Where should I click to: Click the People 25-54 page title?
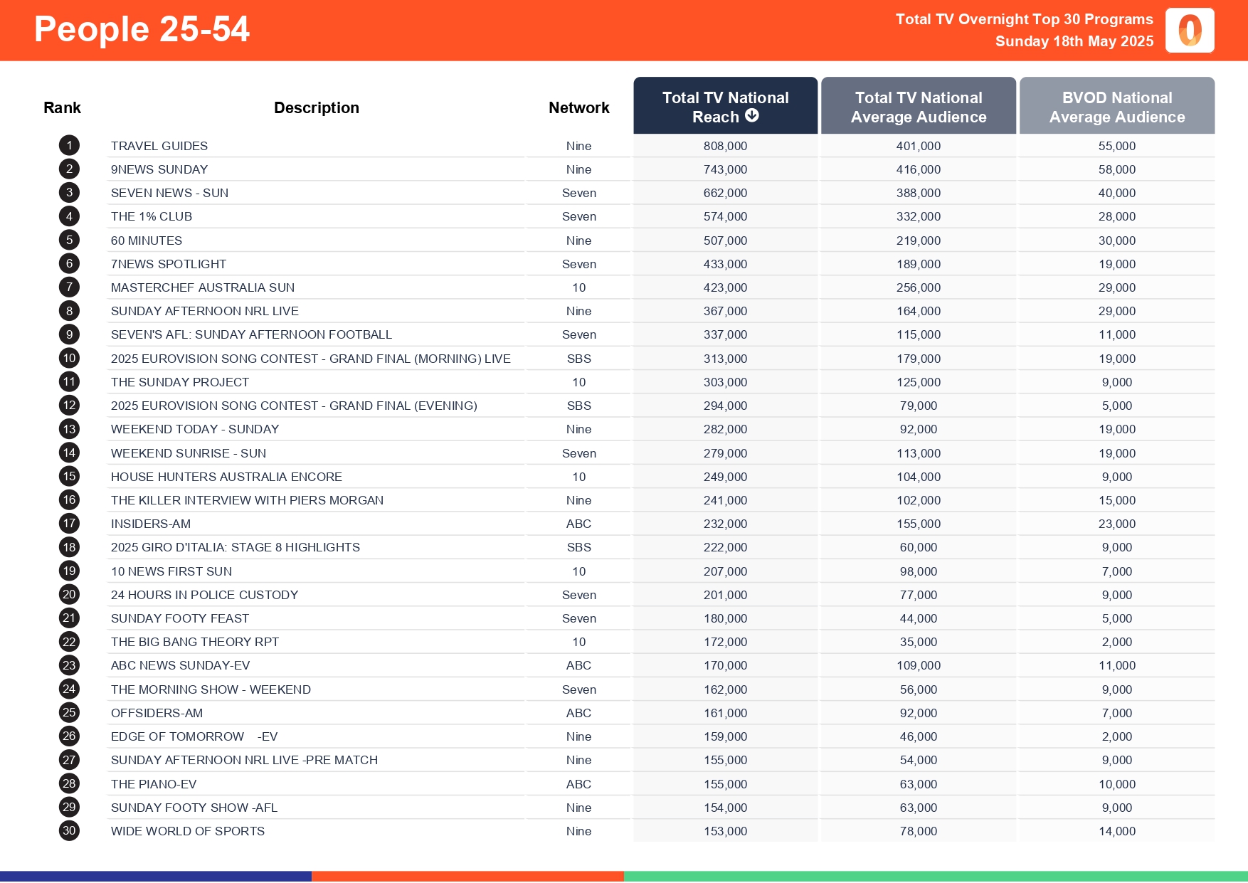[142, 30]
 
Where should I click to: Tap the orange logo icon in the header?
[1189, 31]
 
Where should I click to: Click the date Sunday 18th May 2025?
[1074, 41]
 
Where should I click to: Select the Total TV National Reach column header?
[725, 106]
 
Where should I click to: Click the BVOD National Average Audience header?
[1116, 107]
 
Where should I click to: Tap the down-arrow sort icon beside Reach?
[752, 116]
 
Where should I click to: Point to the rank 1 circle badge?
[69, 146]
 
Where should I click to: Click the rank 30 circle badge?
[69, 831]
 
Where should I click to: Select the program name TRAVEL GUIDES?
[159, 146]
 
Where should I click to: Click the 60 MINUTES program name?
[147, 240]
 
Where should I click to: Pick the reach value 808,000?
[725, 146]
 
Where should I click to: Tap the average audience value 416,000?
[918, 169]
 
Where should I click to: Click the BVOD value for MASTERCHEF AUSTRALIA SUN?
[1116, 287]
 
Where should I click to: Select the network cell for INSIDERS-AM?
[578, 524]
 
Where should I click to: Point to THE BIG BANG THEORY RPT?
[195, 642]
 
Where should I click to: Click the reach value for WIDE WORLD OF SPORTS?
[725, 831]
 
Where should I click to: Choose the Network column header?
[578, 107]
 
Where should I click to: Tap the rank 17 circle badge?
[69, 524]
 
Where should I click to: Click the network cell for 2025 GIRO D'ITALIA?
[578, 547]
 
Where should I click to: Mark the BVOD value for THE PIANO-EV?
[1116, 784]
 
